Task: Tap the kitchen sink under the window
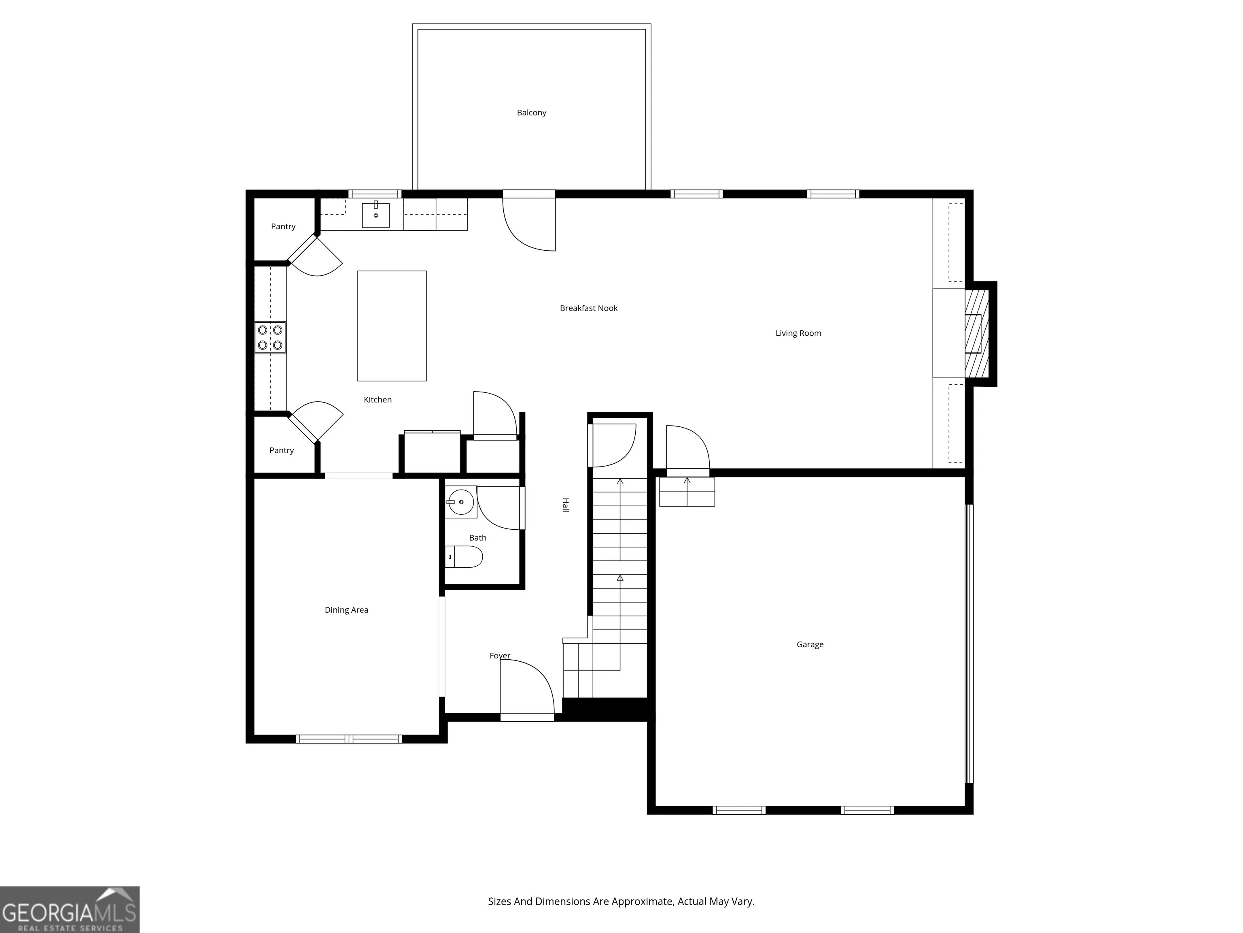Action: (x=375, y=215)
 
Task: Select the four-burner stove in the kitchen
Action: (x=270, y=337)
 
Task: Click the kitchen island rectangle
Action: (x=392, y=326)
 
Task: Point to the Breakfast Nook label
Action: (x=588, y=308)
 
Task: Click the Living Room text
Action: (x=798, y=333)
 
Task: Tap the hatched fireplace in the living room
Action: (x=977, y=334)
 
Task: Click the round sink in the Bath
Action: (x=461, y=502)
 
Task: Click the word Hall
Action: (x=566, y=505)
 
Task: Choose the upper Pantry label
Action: (x=283, y=226)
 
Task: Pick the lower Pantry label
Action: (x=282, y=450)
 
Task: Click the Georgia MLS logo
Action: (x=70, y=910)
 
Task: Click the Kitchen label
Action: (x=378, y=399)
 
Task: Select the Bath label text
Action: (x=477, y=538)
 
